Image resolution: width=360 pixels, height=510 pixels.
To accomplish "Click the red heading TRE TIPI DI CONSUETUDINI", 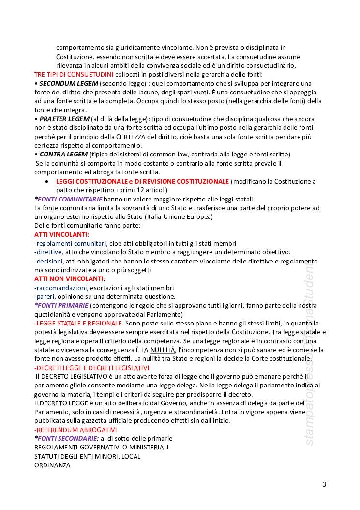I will coord(74,75).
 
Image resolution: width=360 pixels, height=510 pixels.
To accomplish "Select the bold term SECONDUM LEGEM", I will coord(63,83).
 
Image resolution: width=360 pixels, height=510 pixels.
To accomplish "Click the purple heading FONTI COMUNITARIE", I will coord(69,199).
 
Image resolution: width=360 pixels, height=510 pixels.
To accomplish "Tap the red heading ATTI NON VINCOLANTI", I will coord(68,279).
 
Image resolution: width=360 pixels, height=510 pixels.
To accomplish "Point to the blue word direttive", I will coord(49,252).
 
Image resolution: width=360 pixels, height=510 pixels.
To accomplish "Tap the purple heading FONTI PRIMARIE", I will coord(63,305).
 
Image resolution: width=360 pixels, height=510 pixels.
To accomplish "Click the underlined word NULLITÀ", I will coord(162,350).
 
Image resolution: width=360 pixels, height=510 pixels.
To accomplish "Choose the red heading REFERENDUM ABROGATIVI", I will coord(75,430).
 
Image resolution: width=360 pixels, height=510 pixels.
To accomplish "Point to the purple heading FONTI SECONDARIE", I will coord(68,438).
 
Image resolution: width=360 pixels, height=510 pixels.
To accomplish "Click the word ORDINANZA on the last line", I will coord(52,465).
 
